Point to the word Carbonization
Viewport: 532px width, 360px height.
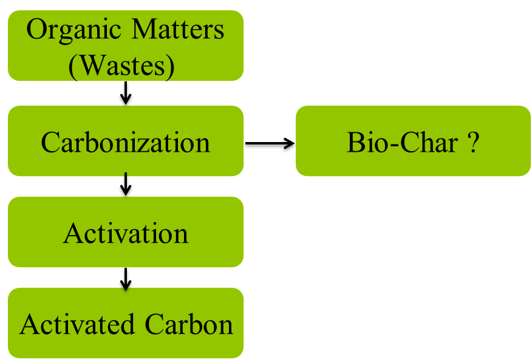point(126,142)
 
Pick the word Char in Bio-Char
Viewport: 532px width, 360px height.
point(423,142)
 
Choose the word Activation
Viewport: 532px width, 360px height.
point(126,233)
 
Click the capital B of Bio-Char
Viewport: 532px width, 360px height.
point(353,142)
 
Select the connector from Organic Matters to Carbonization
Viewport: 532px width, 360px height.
point(126,93)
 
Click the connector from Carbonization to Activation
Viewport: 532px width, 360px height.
point(126,185)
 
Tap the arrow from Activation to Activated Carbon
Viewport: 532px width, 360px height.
point(126,277)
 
